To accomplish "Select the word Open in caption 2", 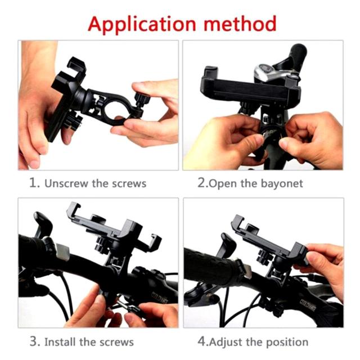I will coord(221,184).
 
